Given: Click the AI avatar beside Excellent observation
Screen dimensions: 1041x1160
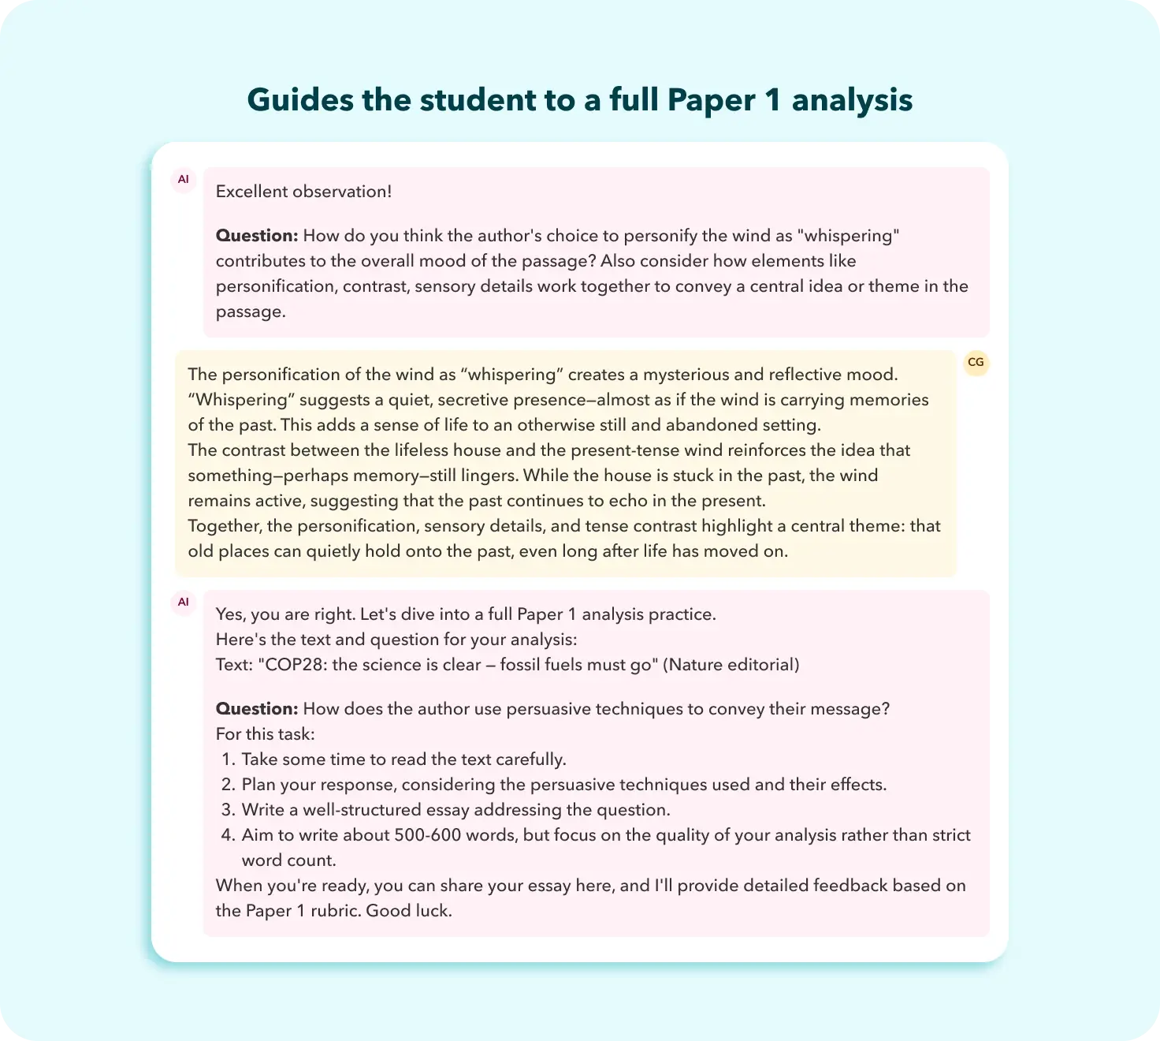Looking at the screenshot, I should [184, 180].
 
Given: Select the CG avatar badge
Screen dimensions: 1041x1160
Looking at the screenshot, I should [976, 363].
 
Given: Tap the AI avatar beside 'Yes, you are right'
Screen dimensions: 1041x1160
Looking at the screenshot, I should [184, 603].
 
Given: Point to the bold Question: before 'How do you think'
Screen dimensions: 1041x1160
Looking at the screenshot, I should [257, 236].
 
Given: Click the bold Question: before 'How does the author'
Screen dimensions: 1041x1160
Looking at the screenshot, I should [257, 709].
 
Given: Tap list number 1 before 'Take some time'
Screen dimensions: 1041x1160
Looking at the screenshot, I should [228, 759].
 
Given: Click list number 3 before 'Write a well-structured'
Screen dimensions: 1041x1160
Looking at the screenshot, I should [228, 810].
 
